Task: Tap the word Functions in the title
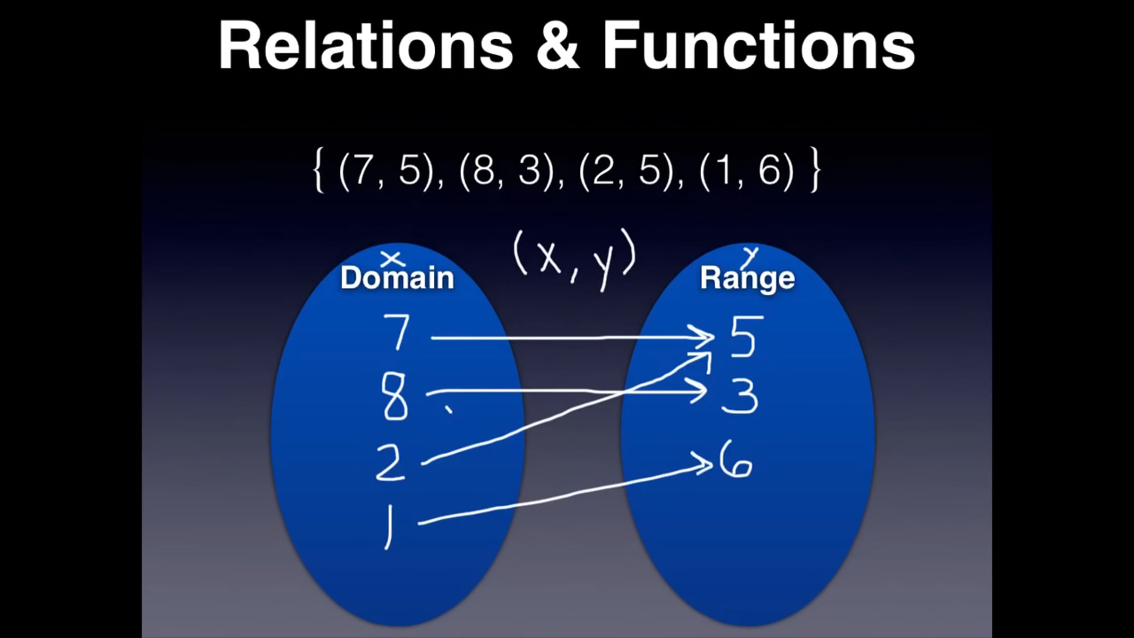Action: point(758,46)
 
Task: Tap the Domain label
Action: point(397,278)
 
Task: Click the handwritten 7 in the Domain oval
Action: point(397,332)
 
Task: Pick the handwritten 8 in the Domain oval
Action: point(395,396)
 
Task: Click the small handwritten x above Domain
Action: point(393,259)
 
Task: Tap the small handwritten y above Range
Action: point(750,256)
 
